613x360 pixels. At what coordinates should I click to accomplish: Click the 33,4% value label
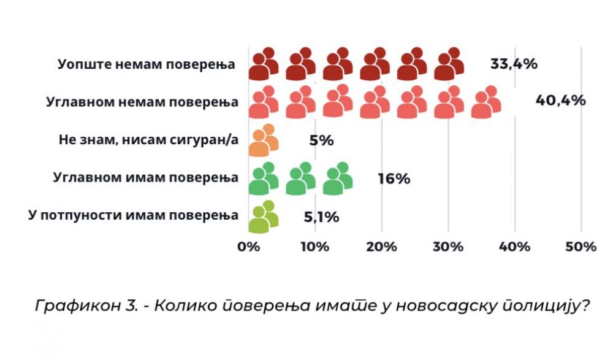514,63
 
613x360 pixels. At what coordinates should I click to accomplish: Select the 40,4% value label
560,100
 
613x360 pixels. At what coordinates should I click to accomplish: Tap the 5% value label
321,140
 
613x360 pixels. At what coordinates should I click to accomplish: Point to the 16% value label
394,179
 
